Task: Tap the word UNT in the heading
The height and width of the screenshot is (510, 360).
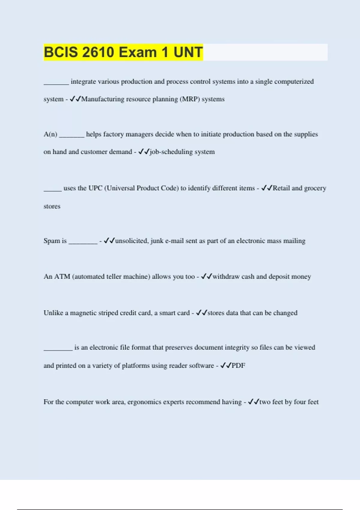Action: point(188,52)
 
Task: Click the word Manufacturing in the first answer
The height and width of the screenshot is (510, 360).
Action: point(103,99)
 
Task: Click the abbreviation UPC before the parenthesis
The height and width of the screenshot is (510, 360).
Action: point(95,188)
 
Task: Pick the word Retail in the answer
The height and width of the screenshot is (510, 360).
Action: point(281,188)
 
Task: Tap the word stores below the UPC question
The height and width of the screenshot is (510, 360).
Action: point(52,206)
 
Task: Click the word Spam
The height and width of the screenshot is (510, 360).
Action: point(52,241)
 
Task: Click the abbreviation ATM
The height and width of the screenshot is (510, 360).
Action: point(62,277)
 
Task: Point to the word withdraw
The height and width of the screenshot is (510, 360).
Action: point(226,277)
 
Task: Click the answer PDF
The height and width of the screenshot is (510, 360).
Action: point(238,366)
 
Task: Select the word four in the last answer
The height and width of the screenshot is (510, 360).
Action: point(300,402)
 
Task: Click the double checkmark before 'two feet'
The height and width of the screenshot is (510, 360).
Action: point(253,402)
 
